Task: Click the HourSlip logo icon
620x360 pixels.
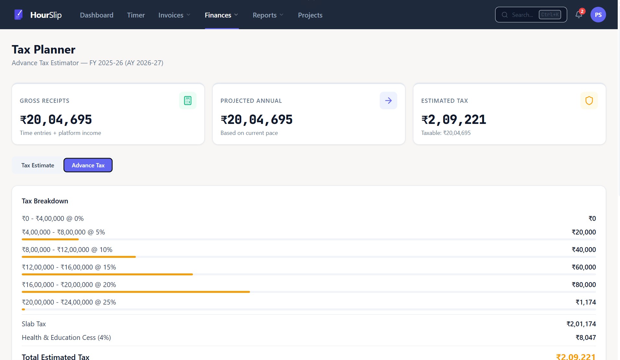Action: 18,15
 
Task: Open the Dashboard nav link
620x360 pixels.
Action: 97,15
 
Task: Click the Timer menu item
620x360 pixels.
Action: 136,15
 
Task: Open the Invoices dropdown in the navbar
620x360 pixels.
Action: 174,15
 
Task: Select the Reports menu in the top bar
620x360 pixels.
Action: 268,15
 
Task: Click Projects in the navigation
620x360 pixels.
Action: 310,15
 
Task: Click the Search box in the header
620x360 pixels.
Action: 531,15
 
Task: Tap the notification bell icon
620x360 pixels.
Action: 579,15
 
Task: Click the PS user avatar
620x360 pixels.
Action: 598,15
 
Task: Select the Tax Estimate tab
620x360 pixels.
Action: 38,165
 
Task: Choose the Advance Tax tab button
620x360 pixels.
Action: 88,165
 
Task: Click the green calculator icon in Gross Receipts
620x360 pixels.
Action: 187,101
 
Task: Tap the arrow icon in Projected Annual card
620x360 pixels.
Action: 388,101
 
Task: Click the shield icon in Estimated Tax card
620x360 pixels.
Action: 589,101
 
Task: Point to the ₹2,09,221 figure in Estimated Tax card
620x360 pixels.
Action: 454,120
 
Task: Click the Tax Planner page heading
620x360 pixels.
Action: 43,50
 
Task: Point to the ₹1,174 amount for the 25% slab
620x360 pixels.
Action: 586,302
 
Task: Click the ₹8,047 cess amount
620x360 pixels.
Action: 586,338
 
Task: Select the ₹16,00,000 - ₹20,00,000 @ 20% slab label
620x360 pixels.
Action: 69,285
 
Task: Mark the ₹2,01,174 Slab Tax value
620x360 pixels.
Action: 581,324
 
